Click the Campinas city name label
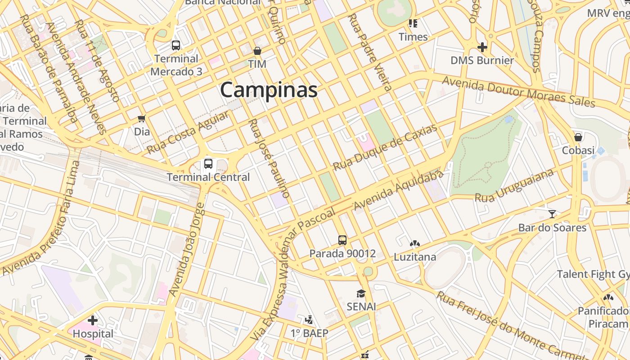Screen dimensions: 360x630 269,90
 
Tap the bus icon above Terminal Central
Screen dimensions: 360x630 208,164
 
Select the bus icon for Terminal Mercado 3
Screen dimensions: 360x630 176,45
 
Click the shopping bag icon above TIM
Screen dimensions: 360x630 257,51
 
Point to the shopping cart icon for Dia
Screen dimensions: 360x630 142,119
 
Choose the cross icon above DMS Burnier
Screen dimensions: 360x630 482,47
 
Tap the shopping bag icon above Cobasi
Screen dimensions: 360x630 578,137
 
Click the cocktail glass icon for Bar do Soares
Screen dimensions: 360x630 552,214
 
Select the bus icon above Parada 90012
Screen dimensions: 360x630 342,240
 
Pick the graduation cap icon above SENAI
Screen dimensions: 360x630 361,293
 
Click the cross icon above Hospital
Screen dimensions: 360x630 93,320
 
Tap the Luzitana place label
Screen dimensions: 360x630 414,257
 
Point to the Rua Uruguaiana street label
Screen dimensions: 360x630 514,185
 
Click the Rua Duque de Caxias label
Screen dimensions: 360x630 385,148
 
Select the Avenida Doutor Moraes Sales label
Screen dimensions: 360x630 518,92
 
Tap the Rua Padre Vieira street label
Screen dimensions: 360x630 370,52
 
